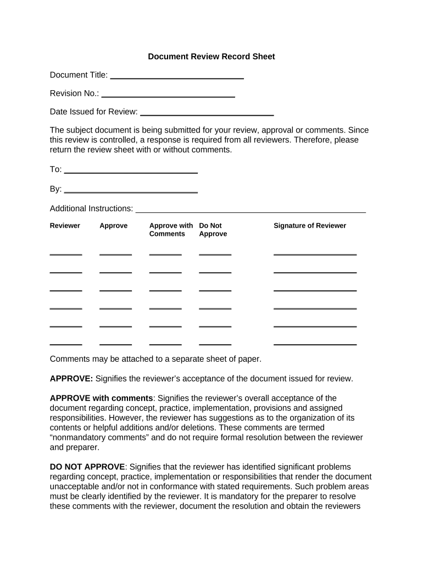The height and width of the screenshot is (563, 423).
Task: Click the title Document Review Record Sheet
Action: click(211, 57)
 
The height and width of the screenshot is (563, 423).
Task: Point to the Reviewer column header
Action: click(65, 226)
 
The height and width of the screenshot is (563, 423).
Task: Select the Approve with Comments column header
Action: click(171, 230)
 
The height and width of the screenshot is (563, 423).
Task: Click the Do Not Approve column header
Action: click(213, 230)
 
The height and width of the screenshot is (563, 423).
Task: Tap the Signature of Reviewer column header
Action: click(310, 226)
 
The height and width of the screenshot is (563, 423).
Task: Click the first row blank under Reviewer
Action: click(66, 254)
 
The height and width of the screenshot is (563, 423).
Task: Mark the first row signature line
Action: click(315, 254)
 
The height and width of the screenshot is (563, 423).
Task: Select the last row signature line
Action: click(315, 344)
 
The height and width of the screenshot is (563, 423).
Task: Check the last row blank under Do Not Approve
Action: click(215, 344)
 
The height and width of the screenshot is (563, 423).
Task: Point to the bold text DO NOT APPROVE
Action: click(88, 467)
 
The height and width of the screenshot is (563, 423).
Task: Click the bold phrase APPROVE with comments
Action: click(101, 398)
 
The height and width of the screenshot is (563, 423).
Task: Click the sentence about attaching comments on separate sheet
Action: click(155, 359)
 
